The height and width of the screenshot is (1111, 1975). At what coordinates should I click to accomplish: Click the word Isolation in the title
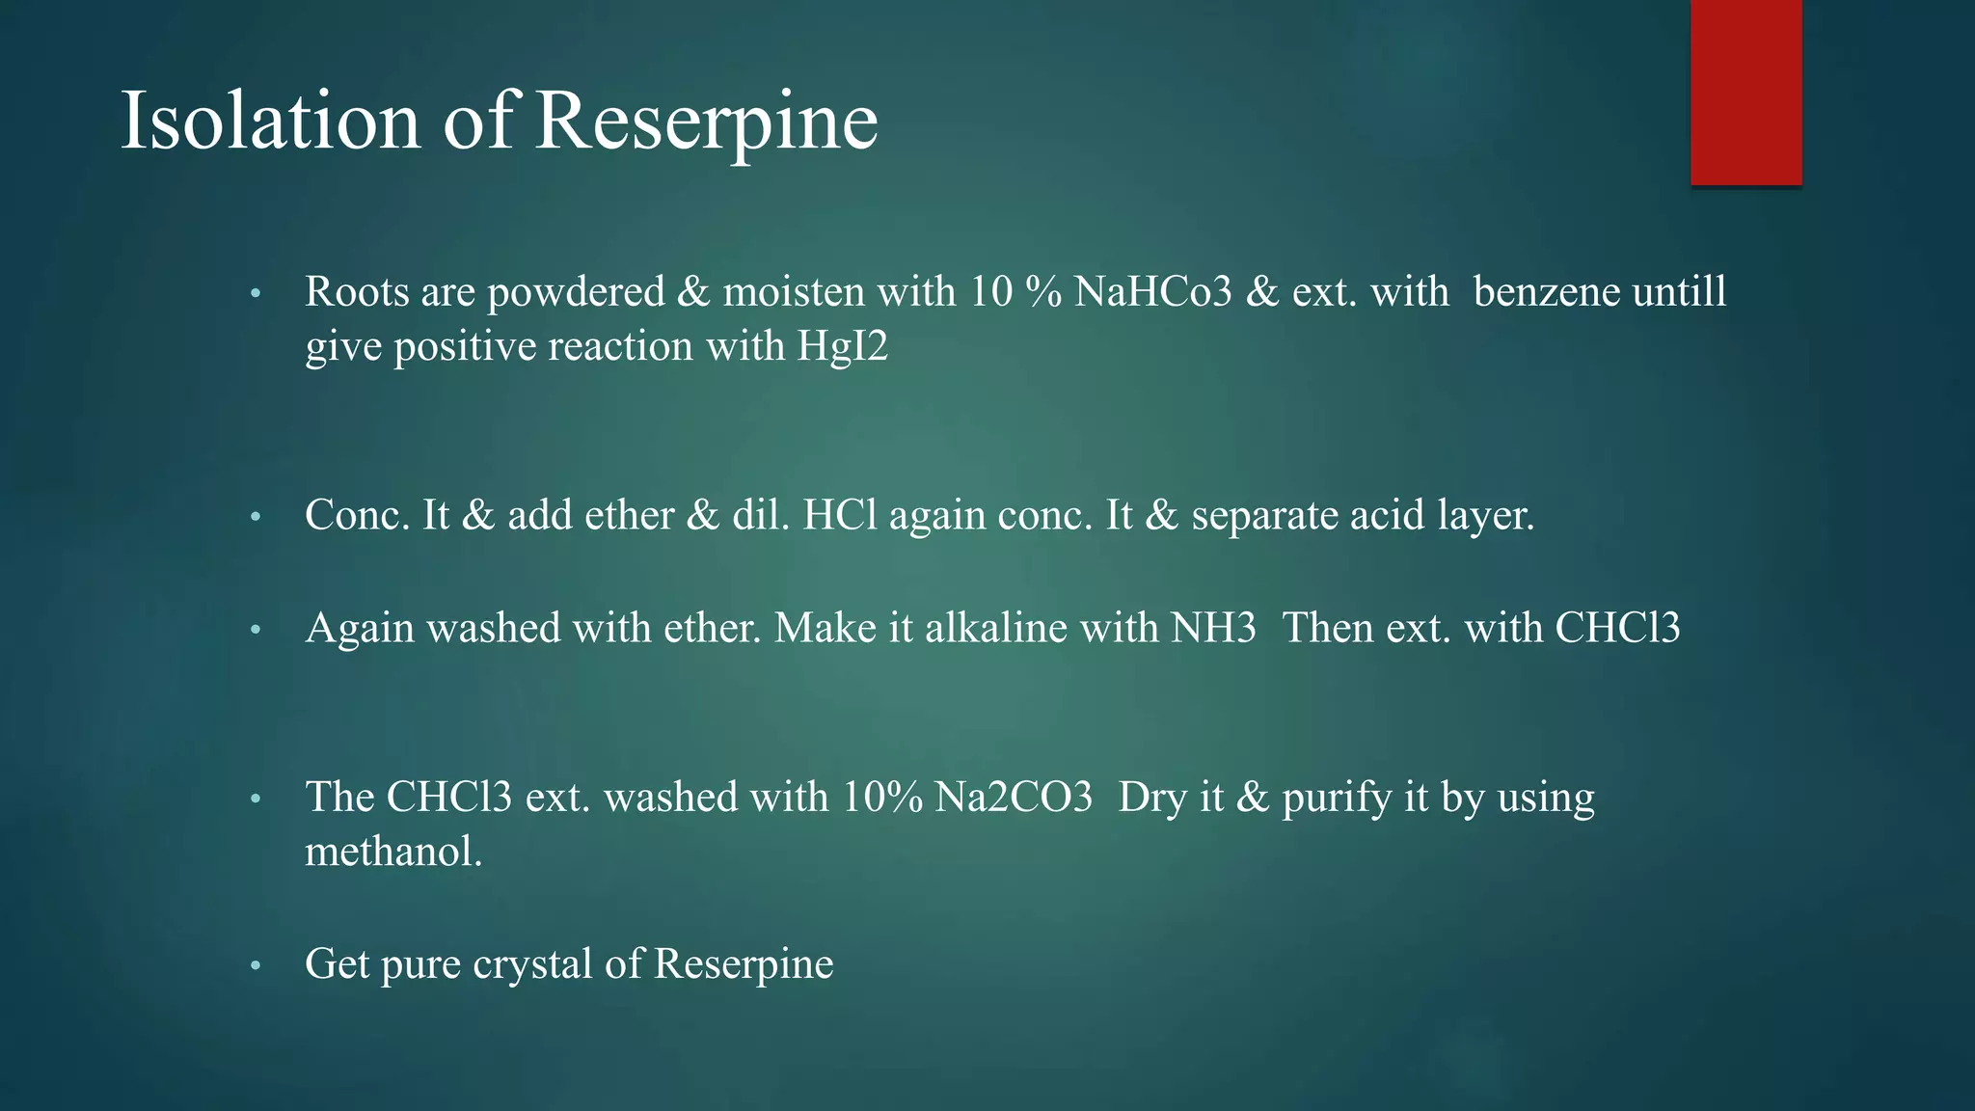[270, 121]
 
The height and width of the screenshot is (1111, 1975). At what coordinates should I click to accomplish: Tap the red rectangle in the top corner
[1745, 92]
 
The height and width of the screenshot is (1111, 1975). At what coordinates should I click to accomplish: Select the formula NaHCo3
[1152, 291]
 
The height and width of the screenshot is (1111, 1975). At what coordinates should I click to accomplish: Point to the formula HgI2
[842, 346]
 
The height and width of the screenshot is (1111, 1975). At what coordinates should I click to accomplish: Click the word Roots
[356, 291]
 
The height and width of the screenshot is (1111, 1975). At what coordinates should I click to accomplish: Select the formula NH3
[1214, 628]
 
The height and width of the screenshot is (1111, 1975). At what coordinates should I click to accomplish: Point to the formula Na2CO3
[1014, 798]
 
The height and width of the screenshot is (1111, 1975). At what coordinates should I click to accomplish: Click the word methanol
[393, 852]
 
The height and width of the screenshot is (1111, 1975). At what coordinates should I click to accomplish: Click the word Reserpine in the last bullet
[744, 964]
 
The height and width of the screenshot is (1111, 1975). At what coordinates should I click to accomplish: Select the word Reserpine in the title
[706, 121]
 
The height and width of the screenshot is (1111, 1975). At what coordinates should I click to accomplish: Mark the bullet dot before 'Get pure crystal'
[256, 965]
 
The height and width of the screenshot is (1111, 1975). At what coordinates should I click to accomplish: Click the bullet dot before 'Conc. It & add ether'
[256, 517]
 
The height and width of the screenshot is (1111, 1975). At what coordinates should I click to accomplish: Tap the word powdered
[576, 292]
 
